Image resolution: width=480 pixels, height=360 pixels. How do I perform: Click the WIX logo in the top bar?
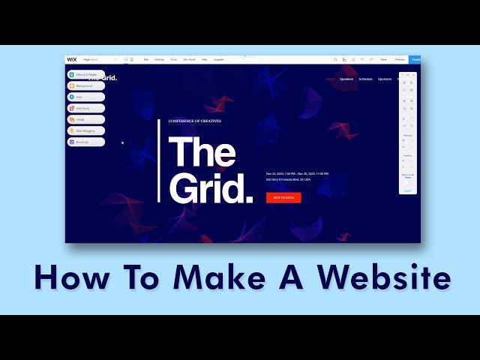click(x=72, y=59)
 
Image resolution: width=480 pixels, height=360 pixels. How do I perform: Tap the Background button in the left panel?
click(x=85, y=86)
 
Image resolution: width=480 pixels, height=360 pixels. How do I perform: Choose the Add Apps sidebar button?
click(x=85, y=108)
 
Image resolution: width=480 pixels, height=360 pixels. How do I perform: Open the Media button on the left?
click(x=85, y=119)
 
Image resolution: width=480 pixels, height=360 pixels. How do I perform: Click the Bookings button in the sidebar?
click(x=85, y=142)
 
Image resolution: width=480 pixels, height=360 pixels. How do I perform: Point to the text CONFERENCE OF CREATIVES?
click(x=195, y=121)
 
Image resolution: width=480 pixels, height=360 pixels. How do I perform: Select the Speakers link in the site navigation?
click(x=346, y=79)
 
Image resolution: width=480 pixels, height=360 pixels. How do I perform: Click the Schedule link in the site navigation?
click(x=366, y=79)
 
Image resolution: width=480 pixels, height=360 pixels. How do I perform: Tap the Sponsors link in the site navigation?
click(x=385, y=79)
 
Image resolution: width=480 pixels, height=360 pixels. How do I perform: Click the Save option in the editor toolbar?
click(x=383, y=59)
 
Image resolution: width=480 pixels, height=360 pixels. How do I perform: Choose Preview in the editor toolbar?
click(x=400, y=59)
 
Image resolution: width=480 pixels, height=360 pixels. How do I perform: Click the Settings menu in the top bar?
click(x=160, y=59)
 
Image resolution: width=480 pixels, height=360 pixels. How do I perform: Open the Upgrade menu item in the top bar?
click(x=218, y=59)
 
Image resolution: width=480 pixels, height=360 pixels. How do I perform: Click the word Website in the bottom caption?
click(x=383, y=277)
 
